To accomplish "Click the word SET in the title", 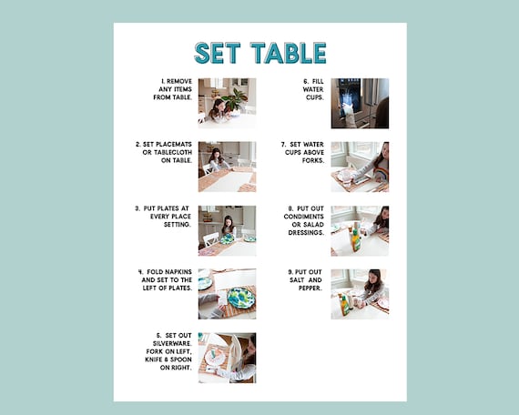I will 216,53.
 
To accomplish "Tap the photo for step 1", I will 227,103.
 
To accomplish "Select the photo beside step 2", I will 227,167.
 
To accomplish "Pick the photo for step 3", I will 227,230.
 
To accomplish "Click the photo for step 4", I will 227,293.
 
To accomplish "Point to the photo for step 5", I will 227,357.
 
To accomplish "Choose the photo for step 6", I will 360,103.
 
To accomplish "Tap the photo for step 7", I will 360,167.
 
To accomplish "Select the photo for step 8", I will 360,230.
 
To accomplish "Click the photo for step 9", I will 360,293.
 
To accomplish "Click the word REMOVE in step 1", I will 178,80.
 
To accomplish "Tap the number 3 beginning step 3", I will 137,207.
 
